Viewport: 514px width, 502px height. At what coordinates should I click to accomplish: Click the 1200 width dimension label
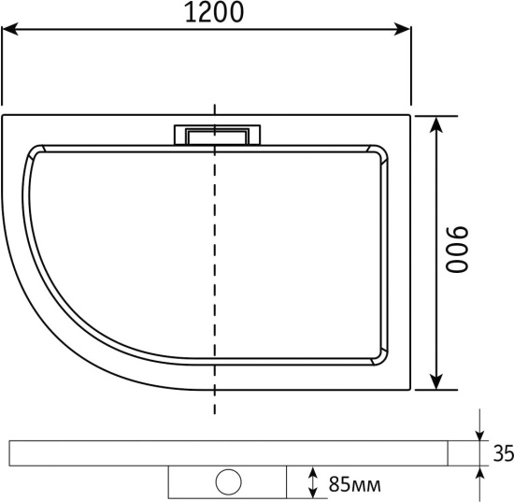pyautogui.click(x=214, y=12)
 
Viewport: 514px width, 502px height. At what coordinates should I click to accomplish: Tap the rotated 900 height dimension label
pyautogui.click(x=457, y=250)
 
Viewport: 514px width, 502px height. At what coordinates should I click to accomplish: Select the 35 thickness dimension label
pyautogui.click(x=504, y=453)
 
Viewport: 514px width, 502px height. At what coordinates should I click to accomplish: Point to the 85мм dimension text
pyautogui.click(x=355, y=484)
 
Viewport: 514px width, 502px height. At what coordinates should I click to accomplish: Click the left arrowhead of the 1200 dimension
pyautogui.click(x=9, y=29)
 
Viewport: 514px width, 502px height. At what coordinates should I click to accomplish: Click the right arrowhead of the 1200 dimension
pyautogui.click(x=402, y=29)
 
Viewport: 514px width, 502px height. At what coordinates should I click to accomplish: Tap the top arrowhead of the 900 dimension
pyautogui.click(x=436, y=124)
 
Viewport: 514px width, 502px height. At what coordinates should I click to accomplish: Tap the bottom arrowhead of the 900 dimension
pyautogui.click(x=436, y=381)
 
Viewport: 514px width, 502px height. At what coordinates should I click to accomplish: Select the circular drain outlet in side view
pyautogui.click(x=228, y=481)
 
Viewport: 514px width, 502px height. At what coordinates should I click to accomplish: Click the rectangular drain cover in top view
pyautogui.click(x=217, y=135)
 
